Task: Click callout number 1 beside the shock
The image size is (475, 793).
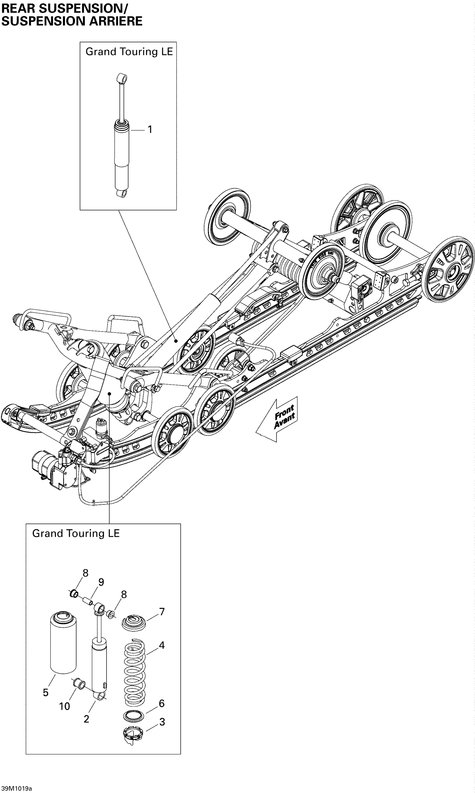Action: click(x=149, y=130)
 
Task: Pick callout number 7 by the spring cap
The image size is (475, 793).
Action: click(x=162, y=612)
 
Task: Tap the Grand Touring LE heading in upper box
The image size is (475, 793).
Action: click(x=129, y=52)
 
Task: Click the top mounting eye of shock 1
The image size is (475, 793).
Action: click(x=122, y=78)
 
